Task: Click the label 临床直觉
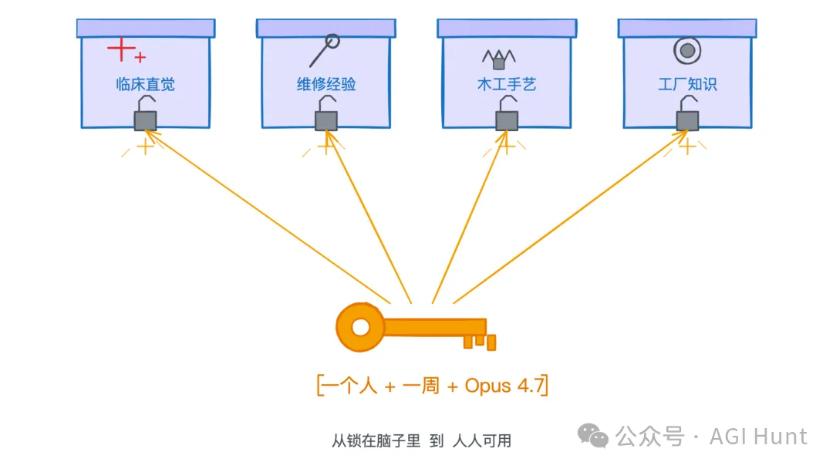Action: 145,84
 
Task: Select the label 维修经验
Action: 326,84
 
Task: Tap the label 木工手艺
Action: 507,84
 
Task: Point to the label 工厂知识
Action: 687,84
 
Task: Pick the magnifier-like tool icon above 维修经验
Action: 325,50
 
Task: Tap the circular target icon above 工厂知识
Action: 686,52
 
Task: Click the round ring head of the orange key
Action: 360,327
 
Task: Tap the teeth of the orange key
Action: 478,340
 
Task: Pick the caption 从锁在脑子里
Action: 376,441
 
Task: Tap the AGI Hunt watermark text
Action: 758,437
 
